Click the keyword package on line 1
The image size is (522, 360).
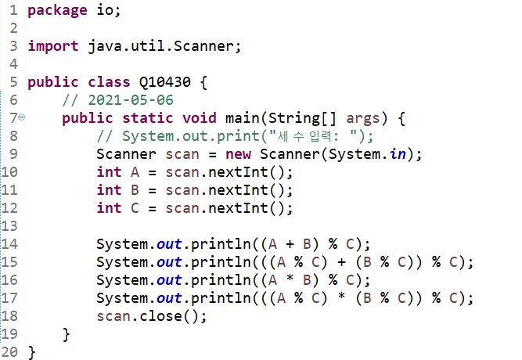[56, 10]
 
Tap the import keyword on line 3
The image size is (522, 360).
[53, 45]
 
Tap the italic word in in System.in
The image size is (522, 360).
[398, 154]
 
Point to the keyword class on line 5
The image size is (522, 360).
[109, 82]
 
